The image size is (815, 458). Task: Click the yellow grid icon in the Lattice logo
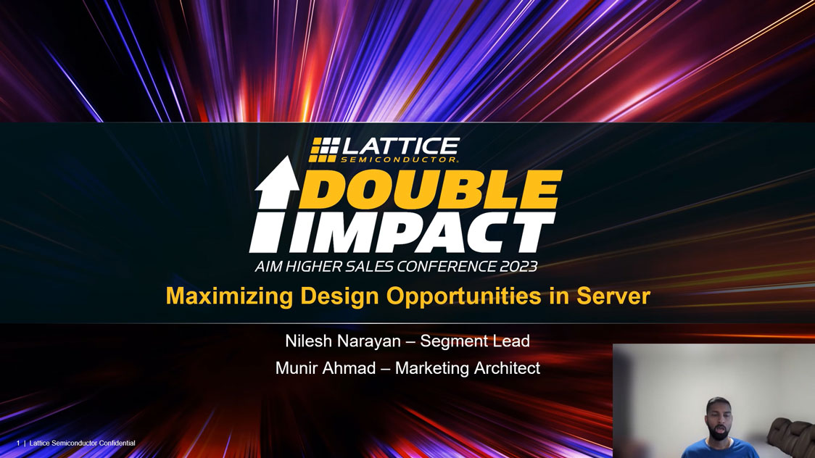[324, 149]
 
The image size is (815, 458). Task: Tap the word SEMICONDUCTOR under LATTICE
[400, 159]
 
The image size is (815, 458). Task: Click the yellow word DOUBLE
[431, 189]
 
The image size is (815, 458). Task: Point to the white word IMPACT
[422, 232]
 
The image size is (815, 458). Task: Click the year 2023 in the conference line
[518, 267]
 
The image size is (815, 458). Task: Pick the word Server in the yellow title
[613, 296]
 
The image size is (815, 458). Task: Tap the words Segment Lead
[475, 341]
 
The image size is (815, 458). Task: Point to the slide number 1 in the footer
[18, 443]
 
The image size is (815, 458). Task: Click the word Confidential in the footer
[117, 443]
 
